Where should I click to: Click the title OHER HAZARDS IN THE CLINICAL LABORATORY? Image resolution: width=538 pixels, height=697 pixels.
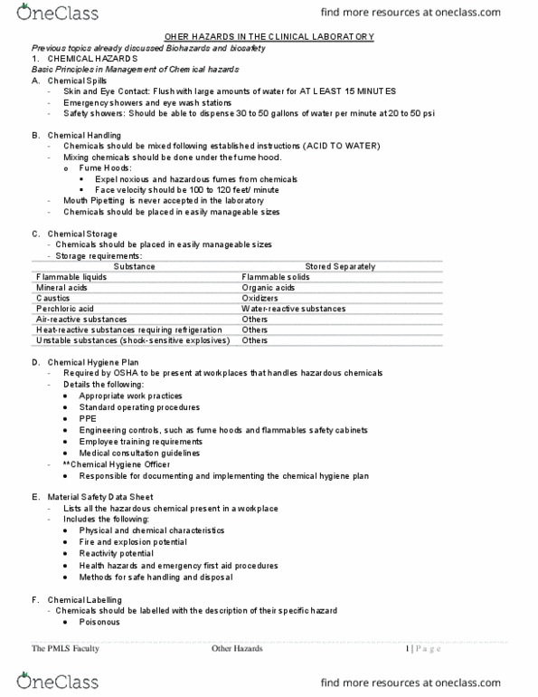269,36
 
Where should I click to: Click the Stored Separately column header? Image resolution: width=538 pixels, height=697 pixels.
341,266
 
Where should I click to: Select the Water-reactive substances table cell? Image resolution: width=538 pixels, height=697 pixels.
293,309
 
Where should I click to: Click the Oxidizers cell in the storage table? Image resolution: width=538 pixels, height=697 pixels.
260,298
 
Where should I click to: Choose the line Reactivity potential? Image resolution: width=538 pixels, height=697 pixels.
116,553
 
